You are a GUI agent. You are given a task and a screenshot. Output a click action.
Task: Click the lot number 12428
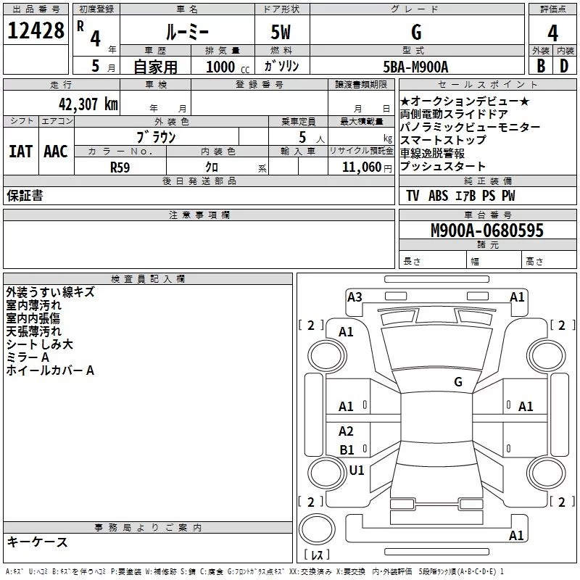pyautogui.click(x=36, y=30)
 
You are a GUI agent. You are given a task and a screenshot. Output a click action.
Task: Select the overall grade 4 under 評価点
pyautogui.click(x=552, y=33)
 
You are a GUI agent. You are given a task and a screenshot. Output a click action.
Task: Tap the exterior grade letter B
pyautogui.click(x=541, y=66)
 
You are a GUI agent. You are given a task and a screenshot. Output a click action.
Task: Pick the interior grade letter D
pyautogui.click(x=564, y=66)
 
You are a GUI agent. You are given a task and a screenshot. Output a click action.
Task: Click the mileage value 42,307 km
pyautogui.click(x=88, y=104)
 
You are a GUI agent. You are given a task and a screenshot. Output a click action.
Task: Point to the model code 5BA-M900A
pyautogui.click(x=415, y=67)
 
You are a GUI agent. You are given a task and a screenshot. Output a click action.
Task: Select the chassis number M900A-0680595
pyautogui.click(x=487, y=230)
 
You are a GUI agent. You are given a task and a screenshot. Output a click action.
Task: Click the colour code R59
pyautogui.click(x=120, y=167)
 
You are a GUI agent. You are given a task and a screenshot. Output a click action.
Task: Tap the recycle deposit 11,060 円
pyautogui.click(x=367, y=167)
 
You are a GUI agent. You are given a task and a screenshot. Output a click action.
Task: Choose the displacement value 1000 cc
pyautogui.click(x=228, y=67)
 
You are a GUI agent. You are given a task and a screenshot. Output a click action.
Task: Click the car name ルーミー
pyautogui.click(x=187, y=32)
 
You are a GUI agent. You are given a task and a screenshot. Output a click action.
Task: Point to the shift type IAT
pyautogui.click(x=21, y=152)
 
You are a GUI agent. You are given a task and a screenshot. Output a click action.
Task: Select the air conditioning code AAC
pyautogui.click(x=56, y=152)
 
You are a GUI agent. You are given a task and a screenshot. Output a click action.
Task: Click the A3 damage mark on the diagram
pyautogui.click(x=355, y=297)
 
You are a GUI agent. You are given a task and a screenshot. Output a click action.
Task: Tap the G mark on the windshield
pyautogui.click(x=458, y=381)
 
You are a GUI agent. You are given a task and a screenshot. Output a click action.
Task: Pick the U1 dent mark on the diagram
pyautogui.click(x=357, y=470)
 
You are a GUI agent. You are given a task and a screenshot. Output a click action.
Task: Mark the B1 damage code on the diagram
pyautogui.click(x=347, y=449)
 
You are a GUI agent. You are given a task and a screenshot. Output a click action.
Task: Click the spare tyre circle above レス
pyautogui.click(x=317, y=529)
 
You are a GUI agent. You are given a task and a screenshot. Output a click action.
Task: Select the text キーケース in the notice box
pyautogui.click(x=38, y=542)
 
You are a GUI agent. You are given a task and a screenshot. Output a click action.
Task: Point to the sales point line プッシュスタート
pyautogui.click(x=442, y=166)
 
